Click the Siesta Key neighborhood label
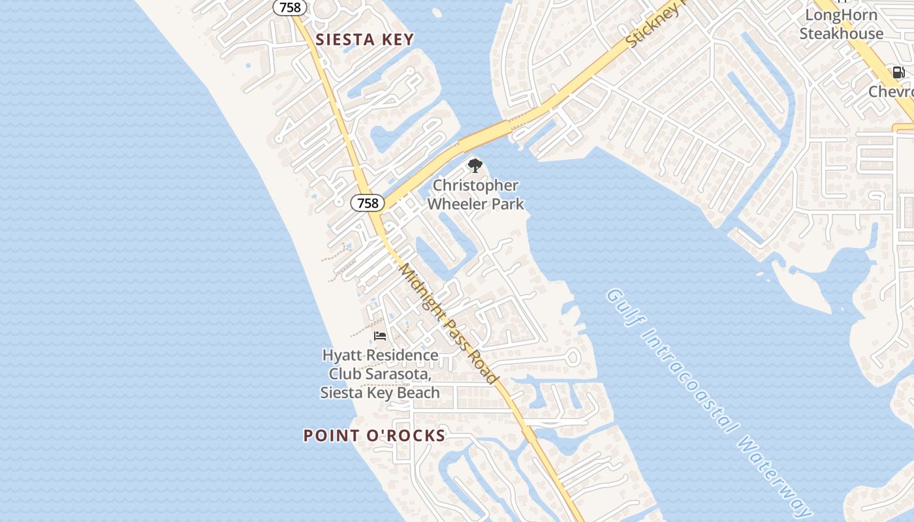365,40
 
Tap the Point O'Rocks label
374,436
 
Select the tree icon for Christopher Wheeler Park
475,165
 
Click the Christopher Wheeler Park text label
475,194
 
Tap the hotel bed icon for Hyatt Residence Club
380,336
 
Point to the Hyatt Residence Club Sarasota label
380,374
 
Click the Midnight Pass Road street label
449,324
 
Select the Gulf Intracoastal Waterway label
709,402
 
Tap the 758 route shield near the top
290,8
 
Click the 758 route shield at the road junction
368,203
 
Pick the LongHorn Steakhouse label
842,24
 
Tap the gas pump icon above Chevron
899,72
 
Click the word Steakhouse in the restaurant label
842,33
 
